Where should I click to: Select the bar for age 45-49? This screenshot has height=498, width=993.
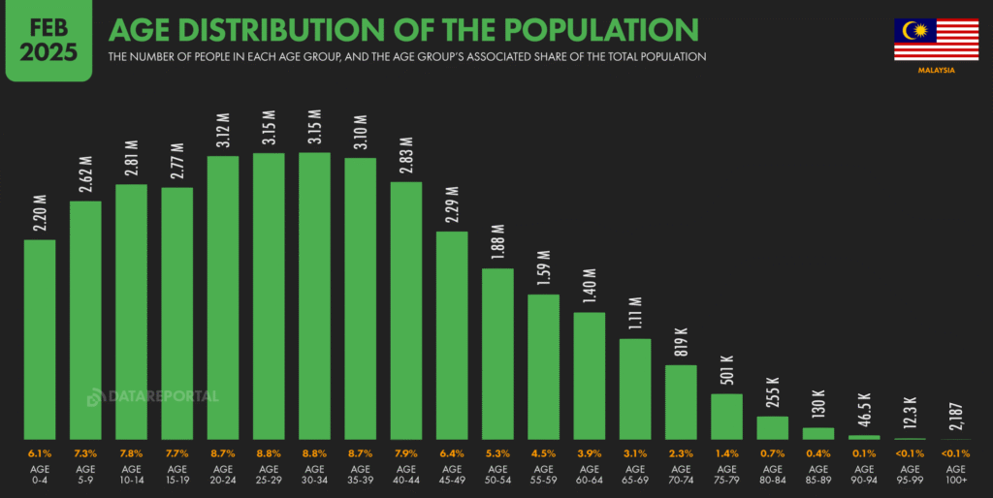click(x=452, y=335)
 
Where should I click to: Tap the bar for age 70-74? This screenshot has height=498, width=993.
click(x=681, y=402)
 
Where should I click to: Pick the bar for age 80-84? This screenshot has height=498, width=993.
click(x=772, y=427)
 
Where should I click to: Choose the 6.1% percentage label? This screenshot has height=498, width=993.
click(x=40, y=453)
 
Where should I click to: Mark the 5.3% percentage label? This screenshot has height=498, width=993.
click(x=497, y=453)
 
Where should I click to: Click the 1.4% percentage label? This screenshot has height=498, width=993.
click(x=726, y=453)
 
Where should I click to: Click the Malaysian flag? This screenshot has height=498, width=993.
click(x=936, y=39)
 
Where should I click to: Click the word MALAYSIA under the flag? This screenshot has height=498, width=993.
click(x=936, y=71)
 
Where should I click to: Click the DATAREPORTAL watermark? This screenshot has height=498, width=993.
click(x=152, y=396)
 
